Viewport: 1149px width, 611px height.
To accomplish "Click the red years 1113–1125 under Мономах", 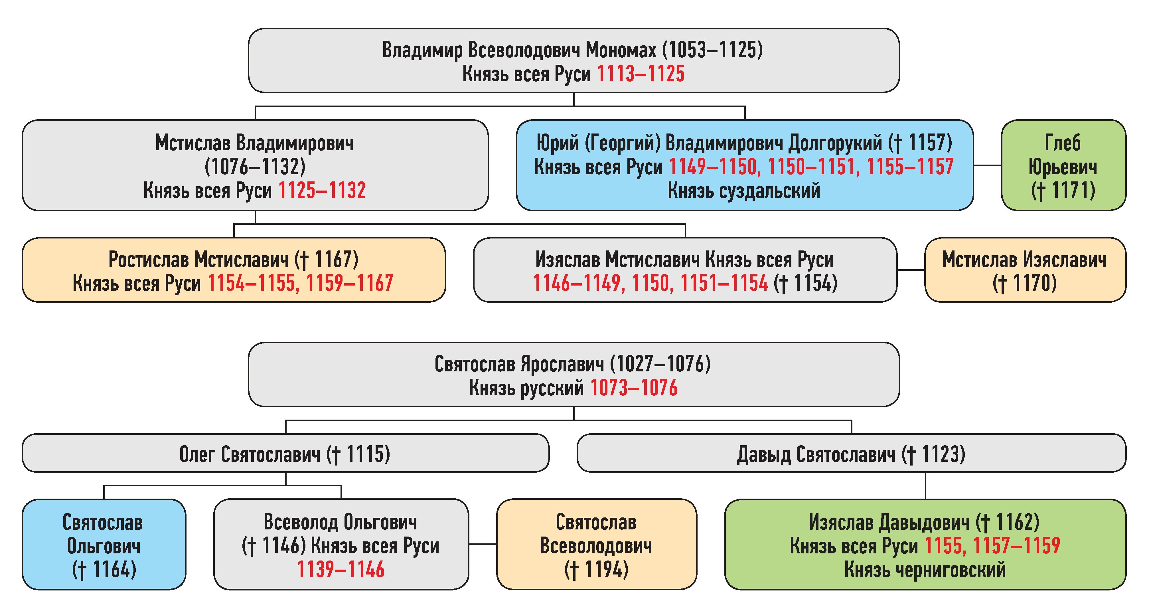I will tap(641, 74).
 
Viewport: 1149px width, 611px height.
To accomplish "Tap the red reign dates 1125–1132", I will tap(322, 191).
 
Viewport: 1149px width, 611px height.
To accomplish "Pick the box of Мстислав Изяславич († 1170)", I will tap(1025, 270).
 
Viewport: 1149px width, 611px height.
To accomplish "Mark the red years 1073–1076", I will tap(633, 388).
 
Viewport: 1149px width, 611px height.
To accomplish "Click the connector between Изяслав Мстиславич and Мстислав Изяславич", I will tap(911, 270).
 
